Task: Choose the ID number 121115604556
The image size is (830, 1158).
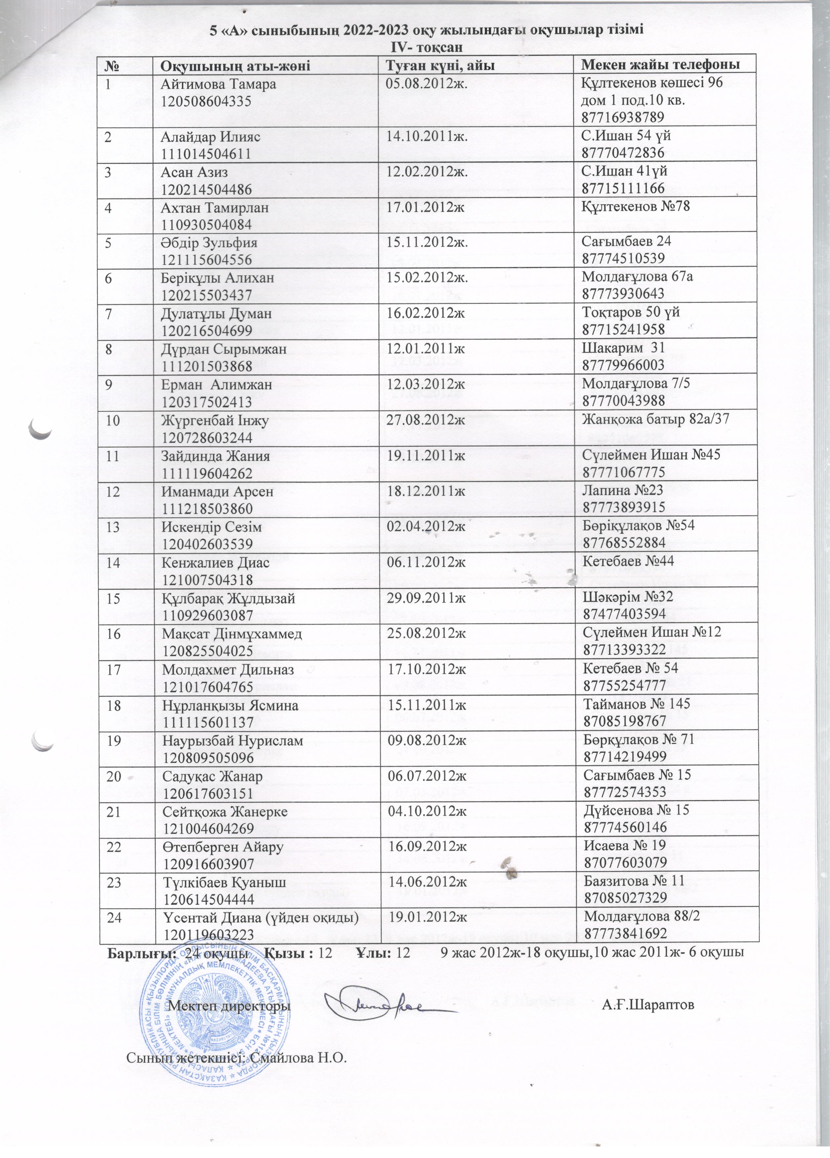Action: pyautogui.click(x=207, y=260)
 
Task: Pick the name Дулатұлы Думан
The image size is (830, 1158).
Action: pyautogui.click(x=216, y=313)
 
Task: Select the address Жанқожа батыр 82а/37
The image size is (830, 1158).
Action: pyautogui.click(x=655, y=419)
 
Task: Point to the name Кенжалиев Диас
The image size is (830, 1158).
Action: pyautogui.click(x=215, y=563)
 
